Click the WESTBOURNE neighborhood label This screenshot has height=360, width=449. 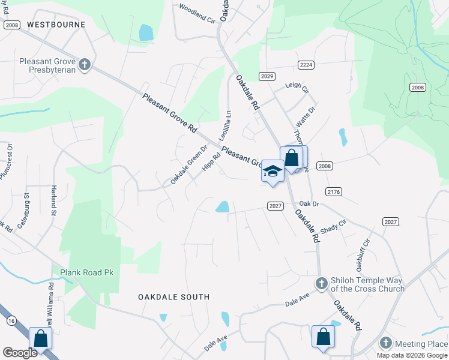[56, 25]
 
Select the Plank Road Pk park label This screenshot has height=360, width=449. [86, 272]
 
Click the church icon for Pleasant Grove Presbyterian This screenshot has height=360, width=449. [85, 64]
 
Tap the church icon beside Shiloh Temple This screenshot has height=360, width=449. [321, 283]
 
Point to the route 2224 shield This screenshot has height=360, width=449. [306, 64]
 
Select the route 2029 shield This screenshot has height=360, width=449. [267, 76]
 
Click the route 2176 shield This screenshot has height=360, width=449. [334, 191]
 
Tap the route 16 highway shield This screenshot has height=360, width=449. [11, 321]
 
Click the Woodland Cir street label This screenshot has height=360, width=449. [197, 14]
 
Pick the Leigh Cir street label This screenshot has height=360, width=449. [297, 88]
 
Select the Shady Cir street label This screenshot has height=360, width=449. [334, 227]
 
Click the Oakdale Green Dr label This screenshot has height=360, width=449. [188, 164]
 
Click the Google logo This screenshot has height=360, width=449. [19, 353]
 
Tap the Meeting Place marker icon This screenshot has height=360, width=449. [386, 344]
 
